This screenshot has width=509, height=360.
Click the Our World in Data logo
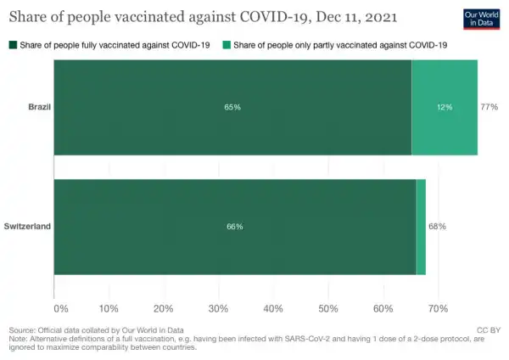(484, 19)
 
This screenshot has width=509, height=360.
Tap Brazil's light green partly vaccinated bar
(445, 108)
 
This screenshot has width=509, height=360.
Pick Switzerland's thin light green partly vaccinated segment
(421, 227)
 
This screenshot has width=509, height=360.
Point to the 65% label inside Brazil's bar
(232, 108)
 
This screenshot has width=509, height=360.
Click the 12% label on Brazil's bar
(445, 108)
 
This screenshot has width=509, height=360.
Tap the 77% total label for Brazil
(489, 108)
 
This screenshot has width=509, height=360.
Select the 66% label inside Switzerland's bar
(235, 227)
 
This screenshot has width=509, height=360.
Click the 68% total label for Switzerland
(437, 227)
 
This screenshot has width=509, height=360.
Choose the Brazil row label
(40, 108)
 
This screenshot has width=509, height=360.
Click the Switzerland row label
(28, 227)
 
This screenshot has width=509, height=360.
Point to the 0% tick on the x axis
(60, 308)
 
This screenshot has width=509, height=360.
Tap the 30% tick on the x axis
(219, 308)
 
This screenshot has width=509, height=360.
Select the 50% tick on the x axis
(328, 308)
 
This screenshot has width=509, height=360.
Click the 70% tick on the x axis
(438, 308)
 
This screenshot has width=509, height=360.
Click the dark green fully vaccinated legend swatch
(12, 44)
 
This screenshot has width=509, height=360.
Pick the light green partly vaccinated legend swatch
(225, 44)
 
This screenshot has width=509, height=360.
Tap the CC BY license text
(489, 329)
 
